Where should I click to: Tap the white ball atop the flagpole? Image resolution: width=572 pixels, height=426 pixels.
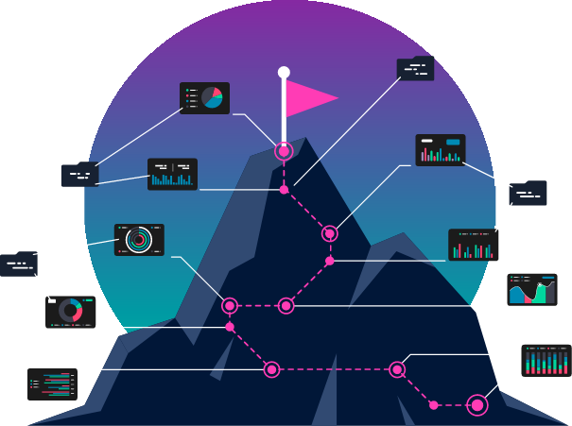pyautogui.click(x=284, y=72)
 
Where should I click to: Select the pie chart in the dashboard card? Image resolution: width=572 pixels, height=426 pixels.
pyautogui.click(x=212, y=97)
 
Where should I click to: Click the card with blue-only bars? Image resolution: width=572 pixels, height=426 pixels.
pyautogui.click(x=172, y=174)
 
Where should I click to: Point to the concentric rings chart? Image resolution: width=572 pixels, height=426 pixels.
pyautogui.click(x=139, y=240)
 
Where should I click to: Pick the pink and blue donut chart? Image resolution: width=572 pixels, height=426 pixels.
pyautogui.click(x=70, y=310)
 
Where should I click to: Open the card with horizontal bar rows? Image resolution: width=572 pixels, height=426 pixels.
pyautogui.click(x=53, y=383)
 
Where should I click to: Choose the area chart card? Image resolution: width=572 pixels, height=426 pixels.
pyautogui.click(x=531, y=290)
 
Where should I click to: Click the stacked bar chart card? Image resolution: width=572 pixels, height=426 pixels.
pyautogui.click(x=546, y=360)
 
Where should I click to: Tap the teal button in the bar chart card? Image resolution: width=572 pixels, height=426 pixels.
pyautogui.click(x=453, y=142)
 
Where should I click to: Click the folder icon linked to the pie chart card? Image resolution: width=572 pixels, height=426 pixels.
pyautogui.click(x=80, y=175)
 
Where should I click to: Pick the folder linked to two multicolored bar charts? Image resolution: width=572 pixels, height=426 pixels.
pyautogui.click(x=528, y=194)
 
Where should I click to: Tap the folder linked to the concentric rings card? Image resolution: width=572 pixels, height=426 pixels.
pyautogui.click(x=19, y=264)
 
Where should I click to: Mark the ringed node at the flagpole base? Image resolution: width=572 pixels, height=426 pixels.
pyautogui.click(x=284, y=150)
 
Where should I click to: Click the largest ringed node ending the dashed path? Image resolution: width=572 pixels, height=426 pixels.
pyautogui.click(x=477, y=405)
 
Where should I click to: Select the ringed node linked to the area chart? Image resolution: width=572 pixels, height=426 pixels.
pyautogui.click(x=286, y=305)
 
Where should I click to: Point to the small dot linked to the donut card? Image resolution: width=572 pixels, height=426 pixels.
pyautogui.click(x=230, y=327)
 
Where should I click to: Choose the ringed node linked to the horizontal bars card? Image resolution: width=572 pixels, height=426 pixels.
pyautogui.click(x=271, y=369)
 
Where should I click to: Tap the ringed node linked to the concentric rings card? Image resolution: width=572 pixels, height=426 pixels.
pyautogui.click(x=230, y=305)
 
